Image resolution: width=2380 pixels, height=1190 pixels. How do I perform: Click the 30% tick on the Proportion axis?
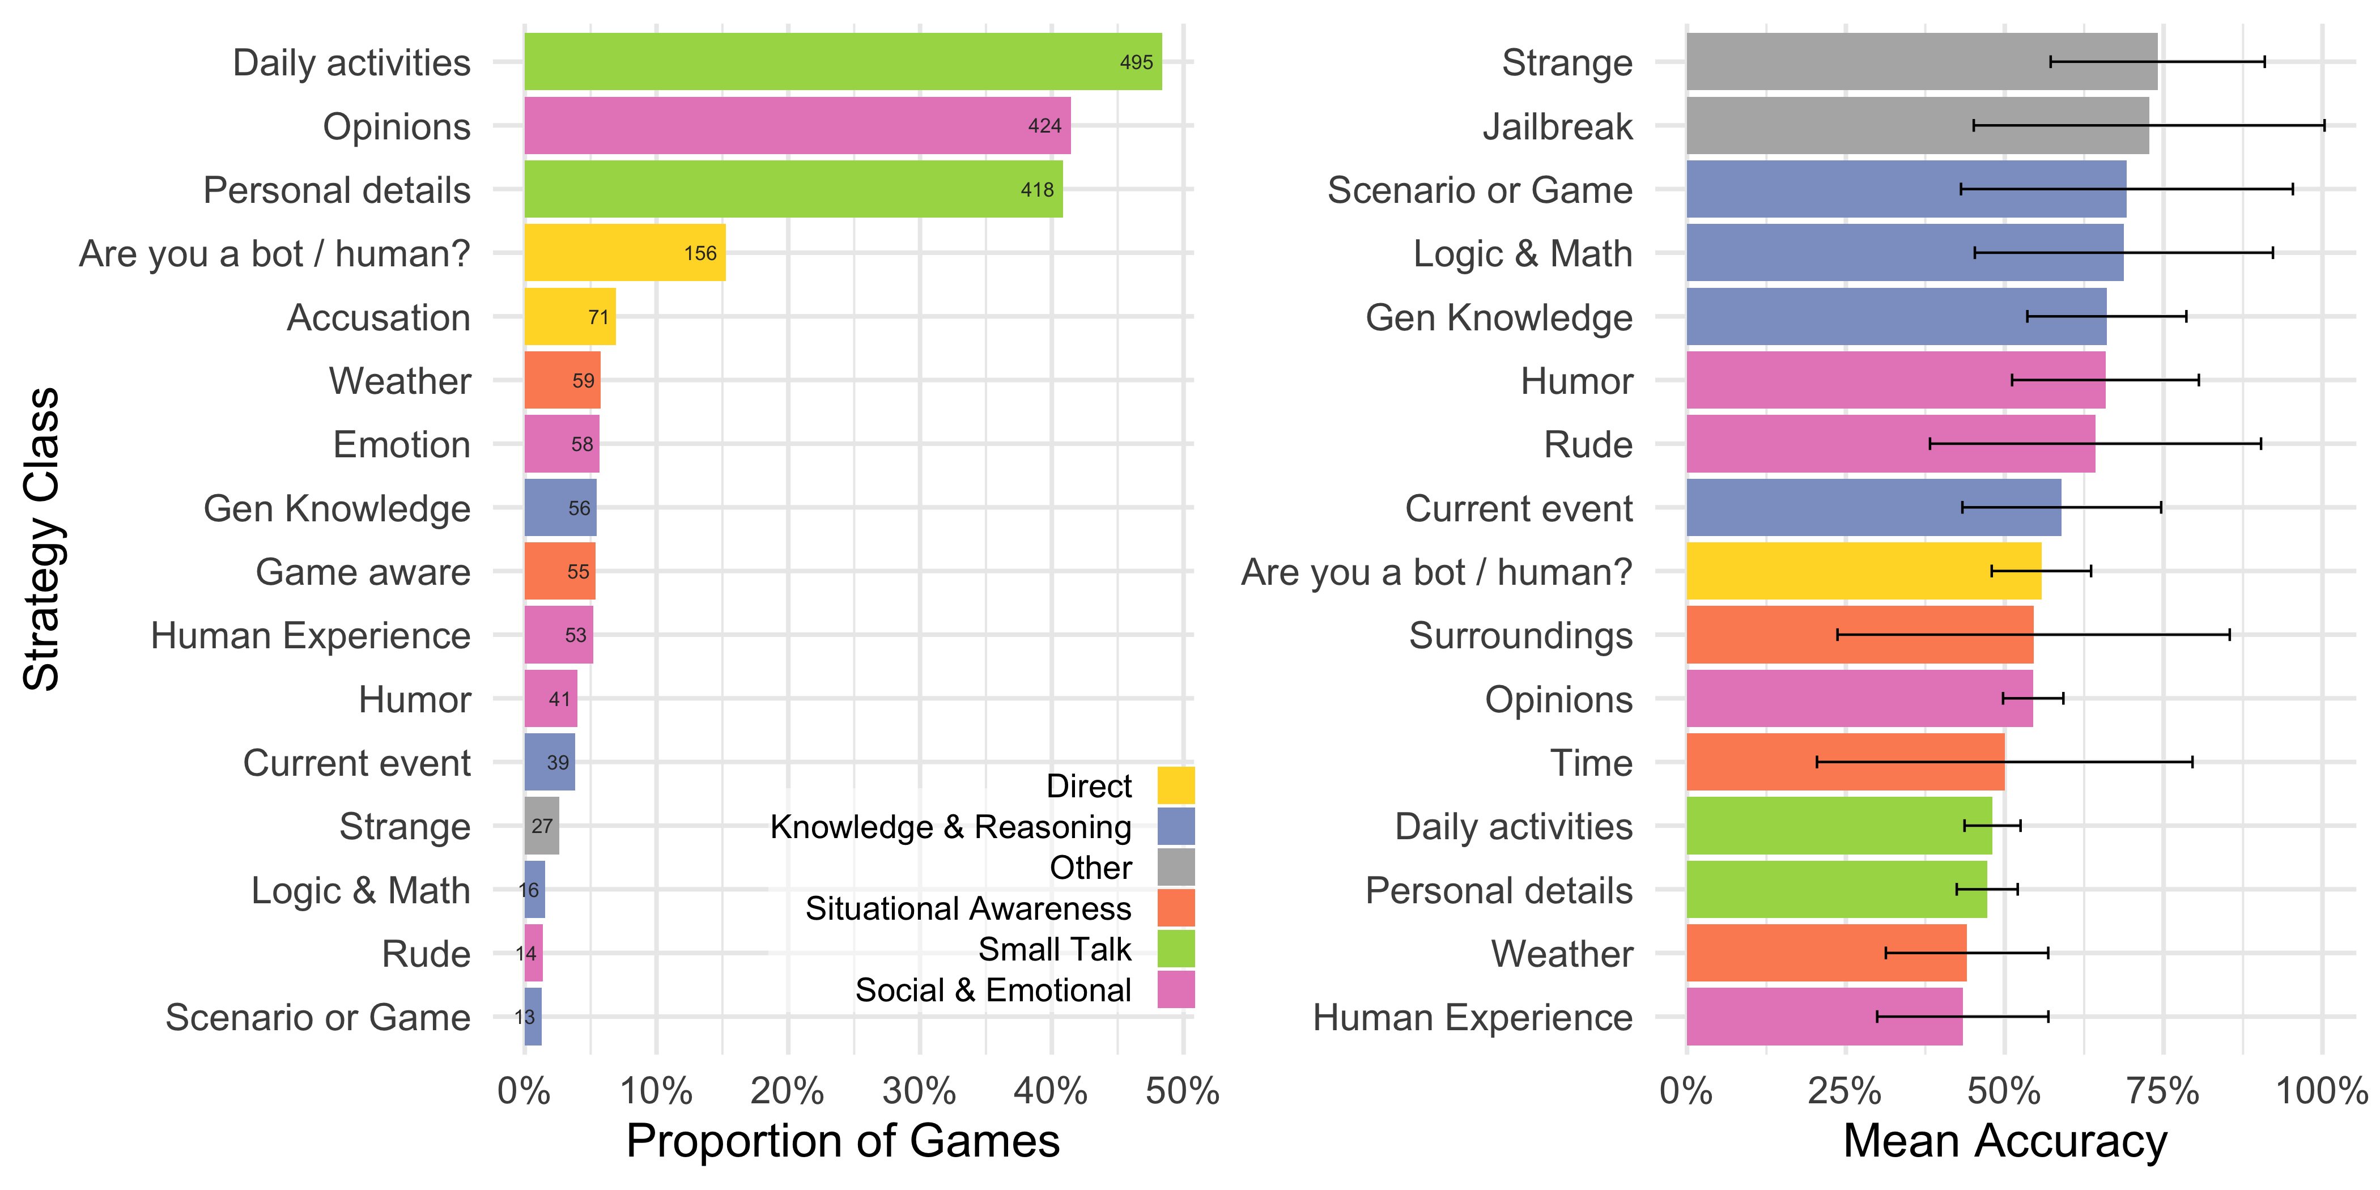(x=919, y=1092)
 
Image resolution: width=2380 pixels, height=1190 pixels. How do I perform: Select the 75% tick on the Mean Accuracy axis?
(x=2162, y=1092)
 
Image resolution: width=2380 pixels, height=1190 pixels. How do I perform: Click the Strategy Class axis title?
(x=41, y=539)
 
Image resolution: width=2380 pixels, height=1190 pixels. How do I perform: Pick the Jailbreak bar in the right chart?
(x=1917, y=126)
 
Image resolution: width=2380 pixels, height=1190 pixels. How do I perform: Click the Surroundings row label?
(x=1520, y=636)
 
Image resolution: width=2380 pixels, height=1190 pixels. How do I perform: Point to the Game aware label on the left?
(x=363, y=572)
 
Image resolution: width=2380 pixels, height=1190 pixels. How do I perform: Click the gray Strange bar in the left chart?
(x=541, y=826)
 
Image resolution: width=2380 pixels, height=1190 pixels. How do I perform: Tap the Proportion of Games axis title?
(x=843, y=1142)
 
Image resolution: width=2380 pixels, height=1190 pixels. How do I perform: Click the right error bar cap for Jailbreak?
(x=2324, y=126)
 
